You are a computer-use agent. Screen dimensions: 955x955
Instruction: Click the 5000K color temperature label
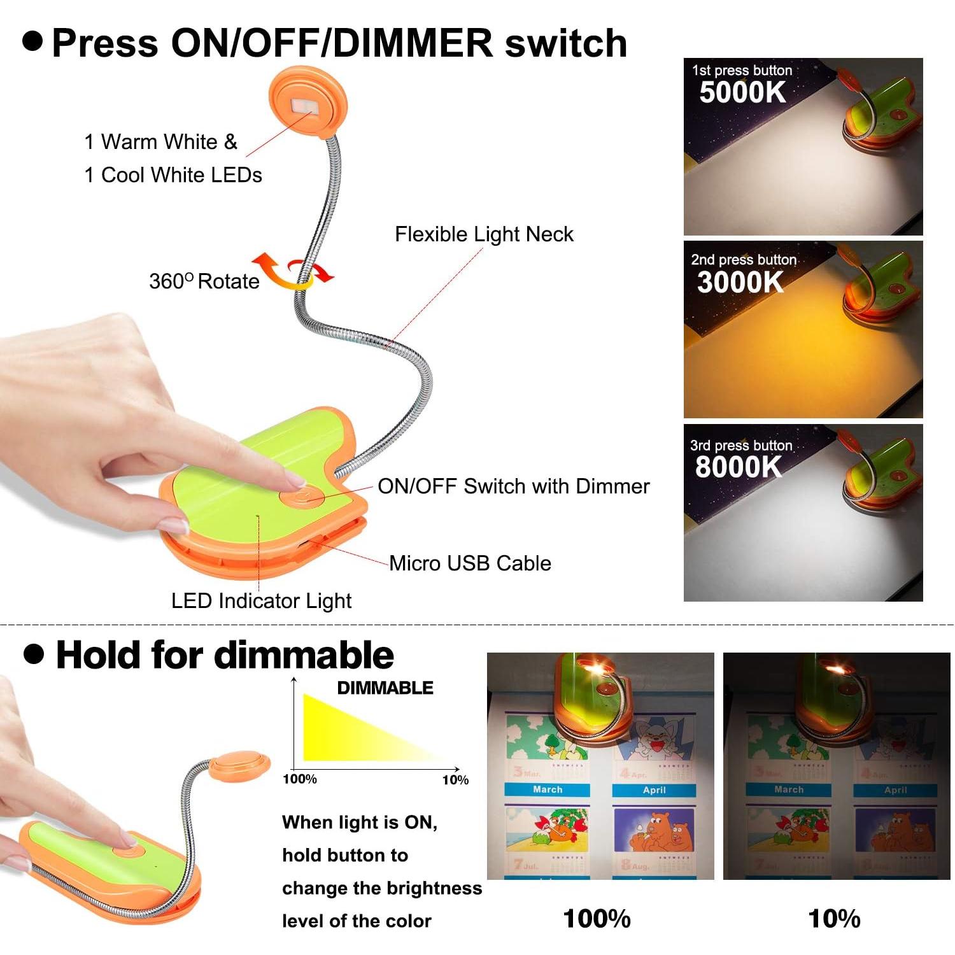pyautogui.click(x=742, y=92)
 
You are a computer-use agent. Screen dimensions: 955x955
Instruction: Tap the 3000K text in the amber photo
pyautogui.click(x=740, y=282)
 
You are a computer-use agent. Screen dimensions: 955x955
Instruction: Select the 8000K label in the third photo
pyautogui.click(x=739, y=467)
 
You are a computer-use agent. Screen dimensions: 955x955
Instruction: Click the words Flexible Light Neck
pyautogui.click(x=484, y=234)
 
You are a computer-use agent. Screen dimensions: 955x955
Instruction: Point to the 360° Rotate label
pyautogui.click(x=204, y=281)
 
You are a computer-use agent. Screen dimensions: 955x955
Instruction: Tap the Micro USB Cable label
pyautogui.click(x=470, y=563)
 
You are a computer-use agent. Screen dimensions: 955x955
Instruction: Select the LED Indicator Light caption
pyautogui.click(x=261, y=600)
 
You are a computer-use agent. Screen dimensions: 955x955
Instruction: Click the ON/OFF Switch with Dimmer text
pyautogui.click(x=513, y=486)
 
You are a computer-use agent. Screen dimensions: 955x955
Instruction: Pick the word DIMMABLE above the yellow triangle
pyautogui.click(x=385, y=688)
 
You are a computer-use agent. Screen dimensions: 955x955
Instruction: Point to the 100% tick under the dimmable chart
pyautogui.click(x=300, y=779)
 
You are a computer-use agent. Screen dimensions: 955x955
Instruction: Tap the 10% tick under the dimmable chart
pyautogui.click(x=455, y=779)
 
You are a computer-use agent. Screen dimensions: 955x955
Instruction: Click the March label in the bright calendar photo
pyautogui.click(x=548, y=789)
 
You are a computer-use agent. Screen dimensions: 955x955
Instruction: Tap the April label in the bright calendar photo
pyautogui.click(x=654, y=790)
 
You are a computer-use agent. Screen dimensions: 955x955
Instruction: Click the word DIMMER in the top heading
pyautogui.click(x=413, y=43)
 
